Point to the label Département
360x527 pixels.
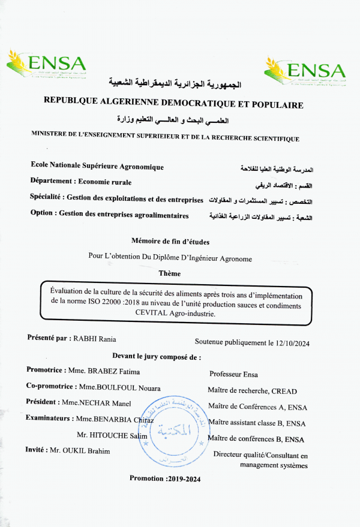[52, 182]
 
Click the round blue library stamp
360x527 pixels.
[174, 429]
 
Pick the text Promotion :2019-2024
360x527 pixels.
[165, 478]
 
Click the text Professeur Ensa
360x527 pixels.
[233, 375]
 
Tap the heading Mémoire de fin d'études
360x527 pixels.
[170, 242]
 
